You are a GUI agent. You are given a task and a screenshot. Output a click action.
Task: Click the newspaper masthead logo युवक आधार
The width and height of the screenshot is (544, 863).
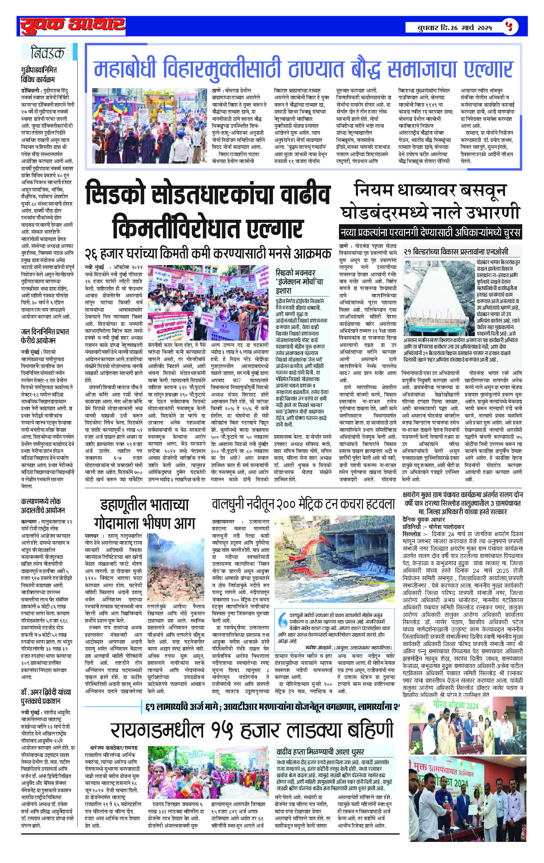coord(72,26)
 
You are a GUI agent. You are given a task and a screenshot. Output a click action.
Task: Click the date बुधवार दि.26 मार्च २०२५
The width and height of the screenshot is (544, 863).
coord(455,28)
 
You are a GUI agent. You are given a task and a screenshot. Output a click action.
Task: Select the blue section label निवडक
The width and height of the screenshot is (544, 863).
coord(48,53)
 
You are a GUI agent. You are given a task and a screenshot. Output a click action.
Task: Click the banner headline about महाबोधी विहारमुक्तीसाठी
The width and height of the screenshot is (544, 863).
coord(303,69)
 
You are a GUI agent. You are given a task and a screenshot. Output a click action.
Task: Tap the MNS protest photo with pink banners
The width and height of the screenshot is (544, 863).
coord(207,303)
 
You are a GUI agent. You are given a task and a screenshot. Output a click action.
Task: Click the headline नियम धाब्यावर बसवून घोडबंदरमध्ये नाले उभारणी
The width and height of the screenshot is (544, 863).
coord(430,202)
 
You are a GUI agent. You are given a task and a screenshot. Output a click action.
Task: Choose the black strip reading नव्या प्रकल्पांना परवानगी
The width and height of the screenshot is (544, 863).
coord(430,233)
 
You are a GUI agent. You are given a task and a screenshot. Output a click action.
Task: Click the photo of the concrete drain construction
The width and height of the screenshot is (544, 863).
coord(439,298)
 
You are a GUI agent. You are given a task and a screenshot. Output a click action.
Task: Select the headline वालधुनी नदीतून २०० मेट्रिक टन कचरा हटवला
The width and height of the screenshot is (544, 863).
coord(303,505)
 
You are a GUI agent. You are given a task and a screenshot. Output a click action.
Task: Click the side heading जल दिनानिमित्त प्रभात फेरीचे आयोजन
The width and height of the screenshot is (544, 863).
coord(45,336)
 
